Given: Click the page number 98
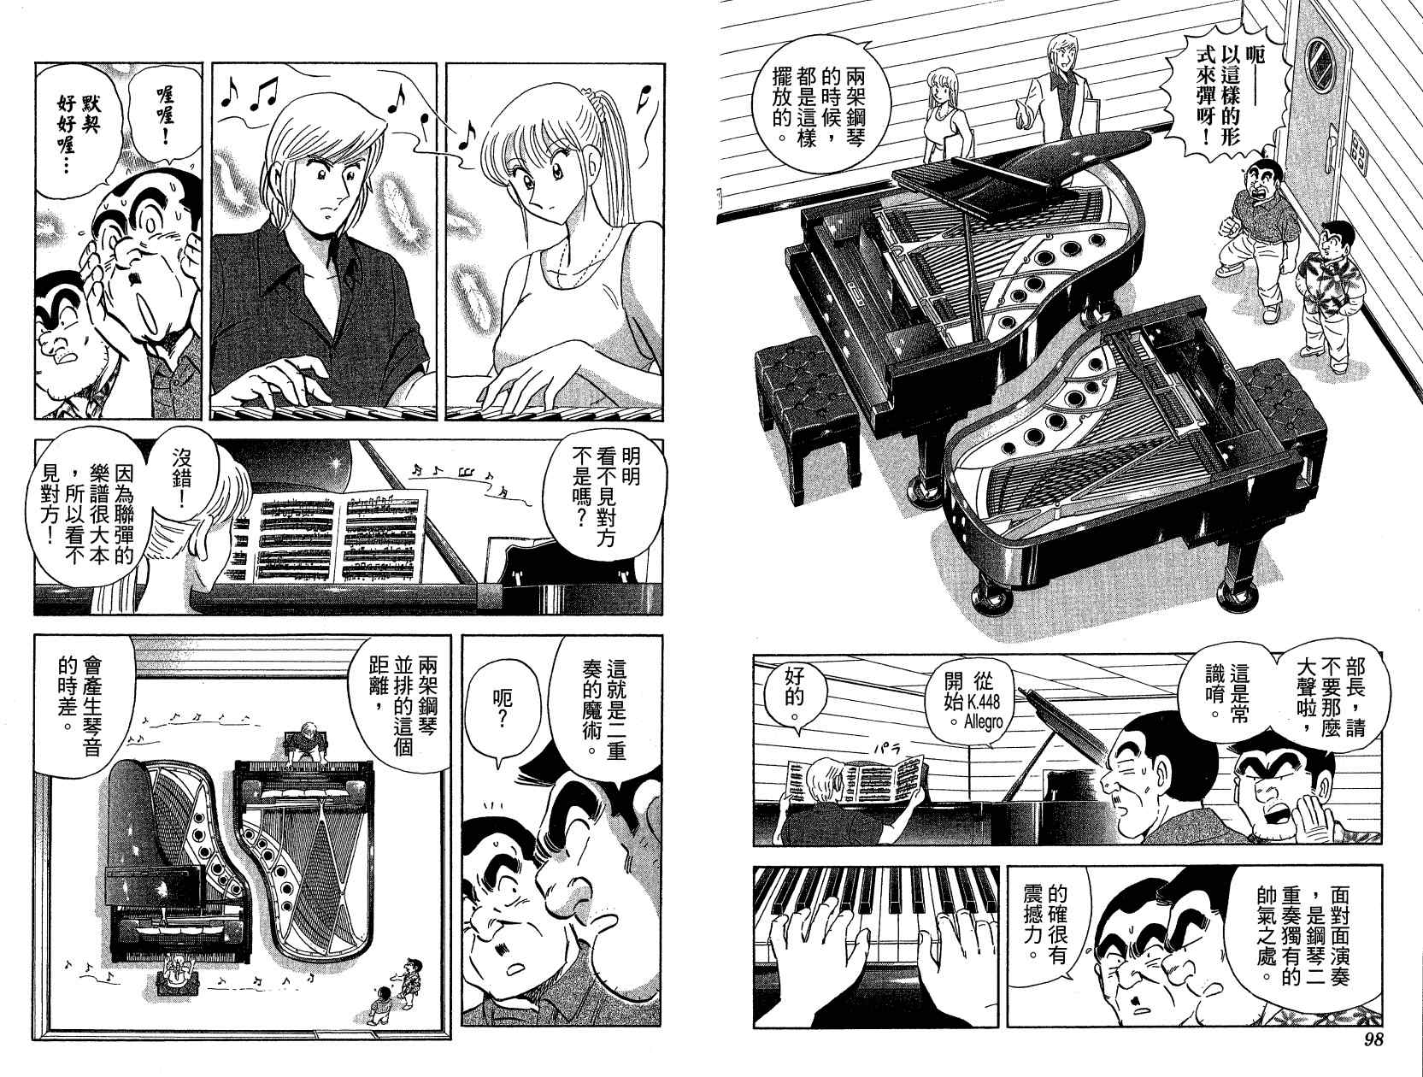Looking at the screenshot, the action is click(1369, 1057).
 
